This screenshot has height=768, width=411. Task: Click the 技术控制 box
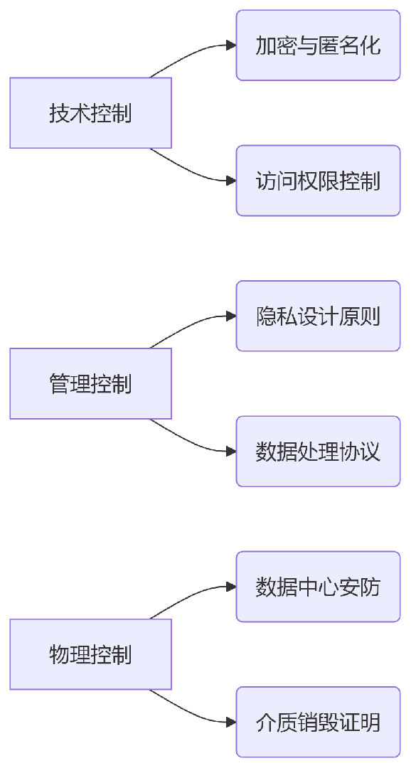pos(90,113)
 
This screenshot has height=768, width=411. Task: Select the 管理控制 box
pos(90,384)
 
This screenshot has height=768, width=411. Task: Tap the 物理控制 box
pos(90,654)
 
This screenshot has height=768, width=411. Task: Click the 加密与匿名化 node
pos(318,46)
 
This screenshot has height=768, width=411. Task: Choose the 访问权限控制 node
pos(318,181)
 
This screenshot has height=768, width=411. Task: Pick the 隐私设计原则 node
pos(318,316)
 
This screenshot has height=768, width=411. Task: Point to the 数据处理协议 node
pos(318,452)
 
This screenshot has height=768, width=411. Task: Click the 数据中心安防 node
pos(318,587)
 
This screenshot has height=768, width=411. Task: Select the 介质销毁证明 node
pos(318,722)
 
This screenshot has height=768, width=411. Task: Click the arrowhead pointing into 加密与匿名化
pos(231,46)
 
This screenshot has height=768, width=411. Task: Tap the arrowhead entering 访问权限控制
pos(231,181)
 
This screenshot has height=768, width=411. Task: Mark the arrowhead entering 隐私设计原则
pos(231,316)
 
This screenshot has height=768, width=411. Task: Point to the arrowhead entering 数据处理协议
pos(231,452)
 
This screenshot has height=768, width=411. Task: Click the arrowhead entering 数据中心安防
pos(231,587)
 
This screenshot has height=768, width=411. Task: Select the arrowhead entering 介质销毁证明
pos(231,722)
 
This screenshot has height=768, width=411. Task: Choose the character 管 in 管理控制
pos(59,384)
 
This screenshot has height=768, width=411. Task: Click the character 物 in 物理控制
pos(59,654)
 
